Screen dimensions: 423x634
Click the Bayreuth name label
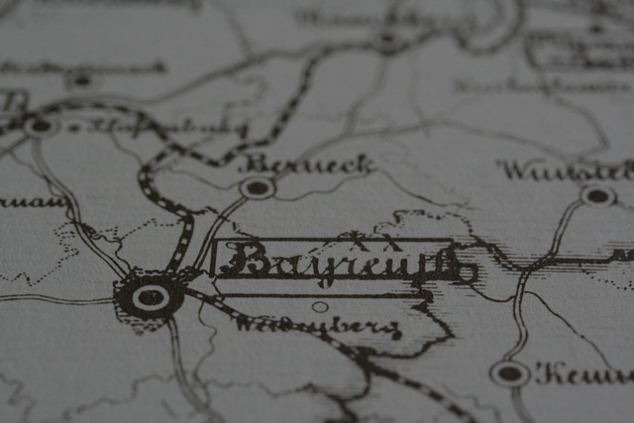coord(337,262)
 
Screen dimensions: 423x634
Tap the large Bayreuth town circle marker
coord(150,296)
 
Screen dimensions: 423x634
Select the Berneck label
coord(306,163)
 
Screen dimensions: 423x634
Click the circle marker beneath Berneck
coord(258,186)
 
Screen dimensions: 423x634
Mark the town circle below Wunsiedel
coord(598,195)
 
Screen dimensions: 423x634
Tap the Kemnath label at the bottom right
coord(584,373)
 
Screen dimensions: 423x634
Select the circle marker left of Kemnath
coord(509,372)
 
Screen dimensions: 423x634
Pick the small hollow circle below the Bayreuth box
coord(320,306)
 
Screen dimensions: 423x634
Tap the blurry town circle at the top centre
coord(387,41)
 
